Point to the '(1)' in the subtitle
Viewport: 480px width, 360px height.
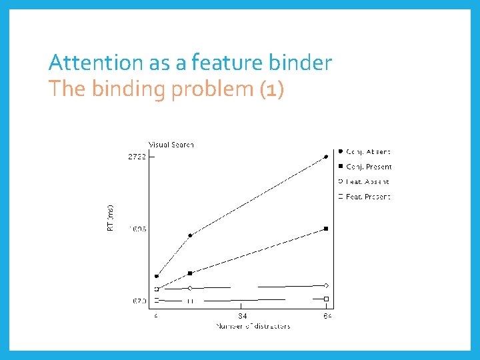pyautogui.click(x=271, y=89)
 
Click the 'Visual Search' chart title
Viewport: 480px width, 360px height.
pyautogui.click(x=171, y=145)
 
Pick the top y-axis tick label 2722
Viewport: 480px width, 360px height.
pyautogui.click(x=137, y=157)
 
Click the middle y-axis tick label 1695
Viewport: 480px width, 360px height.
pyautogui.click(x=137, y=229)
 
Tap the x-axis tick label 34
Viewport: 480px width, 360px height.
pyautogui.click(x=242, y=315)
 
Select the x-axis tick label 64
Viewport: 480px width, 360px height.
pyautogui.click(x=327, y=315)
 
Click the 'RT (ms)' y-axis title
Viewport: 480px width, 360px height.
pyautogui.click(x=111, y=217)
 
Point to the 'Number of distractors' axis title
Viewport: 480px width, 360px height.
pyautogui.click(x=253, y=326)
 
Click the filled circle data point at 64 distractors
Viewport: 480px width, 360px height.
pyautogui.click(x=326, y=157)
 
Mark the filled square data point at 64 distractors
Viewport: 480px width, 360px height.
pyautogui.click(x=326, y=229)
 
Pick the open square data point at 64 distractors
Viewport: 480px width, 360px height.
pyautogui.click(x=326, y=299)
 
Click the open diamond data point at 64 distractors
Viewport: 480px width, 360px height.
pyautogui.click(x=326, y=285)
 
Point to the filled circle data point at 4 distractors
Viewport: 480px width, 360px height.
pyautogui.click(x=157, y=276)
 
